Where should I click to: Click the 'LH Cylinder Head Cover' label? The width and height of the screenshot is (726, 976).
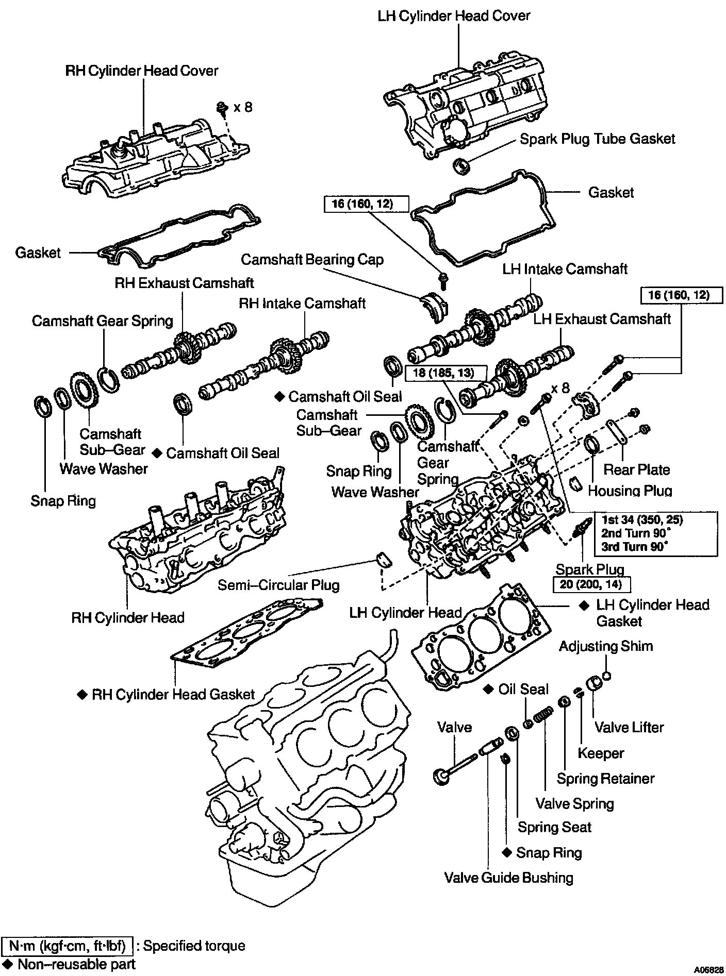coord(453,15)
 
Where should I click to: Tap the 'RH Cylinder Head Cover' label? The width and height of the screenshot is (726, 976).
coord(142,71)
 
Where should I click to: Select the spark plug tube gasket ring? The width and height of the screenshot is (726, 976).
coord(460,166)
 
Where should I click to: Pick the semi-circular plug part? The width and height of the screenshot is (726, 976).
coord(384,559)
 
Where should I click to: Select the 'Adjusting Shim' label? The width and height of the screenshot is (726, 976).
coord(606,646)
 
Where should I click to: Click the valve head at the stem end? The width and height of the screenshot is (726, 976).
coord(441,777)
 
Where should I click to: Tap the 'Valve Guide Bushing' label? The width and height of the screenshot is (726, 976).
coord(509,878)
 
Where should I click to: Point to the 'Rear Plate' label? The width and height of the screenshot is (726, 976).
coord(636,469)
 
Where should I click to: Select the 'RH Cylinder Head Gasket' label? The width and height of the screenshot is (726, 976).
coord(173,695)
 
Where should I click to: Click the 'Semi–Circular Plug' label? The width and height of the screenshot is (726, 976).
coord(278,585)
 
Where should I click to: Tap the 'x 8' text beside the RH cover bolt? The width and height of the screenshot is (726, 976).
coord(243,108)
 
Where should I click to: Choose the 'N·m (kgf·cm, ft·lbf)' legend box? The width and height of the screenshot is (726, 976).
coord(68,946)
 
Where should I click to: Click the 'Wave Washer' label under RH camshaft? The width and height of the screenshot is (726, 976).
coord(104,468)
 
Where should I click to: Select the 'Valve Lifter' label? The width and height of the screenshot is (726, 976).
coord(629,727)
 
